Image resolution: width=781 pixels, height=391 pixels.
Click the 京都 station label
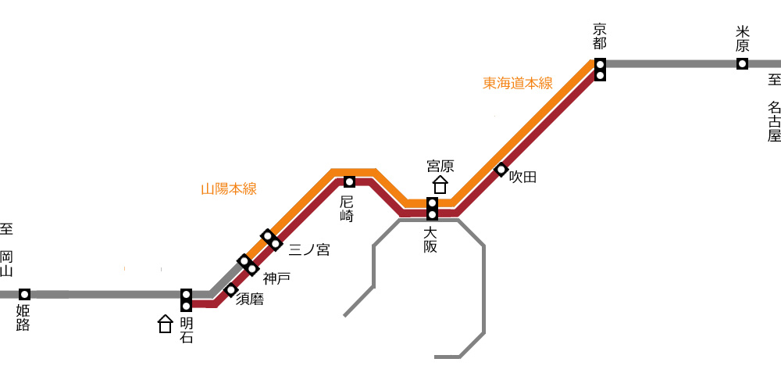pos(600,37)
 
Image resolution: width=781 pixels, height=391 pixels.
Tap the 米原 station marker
pos(742,64)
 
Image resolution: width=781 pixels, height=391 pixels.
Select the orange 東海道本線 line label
pos(518,84)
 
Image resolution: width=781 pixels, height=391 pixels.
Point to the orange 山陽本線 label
pos(229,189)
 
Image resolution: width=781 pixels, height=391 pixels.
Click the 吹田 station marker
pos(501,170)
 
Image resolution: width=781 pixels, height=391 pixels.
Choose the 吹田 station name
pos(523,177)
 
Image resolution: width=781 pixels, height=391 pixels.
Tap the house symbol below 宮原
pos(440,185)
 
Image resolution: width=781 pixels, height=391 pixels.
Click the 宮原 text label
pos(440,166)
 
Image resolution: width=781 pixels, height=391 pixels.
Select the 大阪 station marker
pos(433,209)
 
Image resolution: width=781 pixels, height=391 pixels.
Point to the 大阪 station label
pos(430,239)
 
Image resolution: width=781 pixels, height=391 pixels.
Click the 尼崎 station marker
pos(349,181)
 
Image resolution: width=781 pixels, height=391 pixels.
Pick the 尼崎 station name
pos(348,209)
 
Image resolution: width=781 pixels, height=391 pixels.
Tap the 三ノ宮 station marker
pos(272,240)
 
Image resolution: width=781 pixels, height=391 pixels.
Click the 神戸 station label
pos(276,279)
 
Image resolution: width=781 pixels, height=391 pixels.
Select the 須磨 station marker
pos(230,290)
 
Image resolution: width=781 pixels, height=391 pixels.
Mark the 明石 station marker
pos(187,300)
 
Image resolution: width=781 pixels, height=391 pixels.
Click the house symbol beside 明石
pos(165,324)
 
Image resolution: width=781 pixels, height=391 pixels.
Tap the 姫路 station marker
pos(24,294)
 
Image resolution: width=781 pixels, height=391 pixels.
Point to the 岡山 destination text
pos(6,264)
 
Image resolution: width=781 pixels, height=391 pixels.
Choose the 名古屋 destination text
pos(774,122)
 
